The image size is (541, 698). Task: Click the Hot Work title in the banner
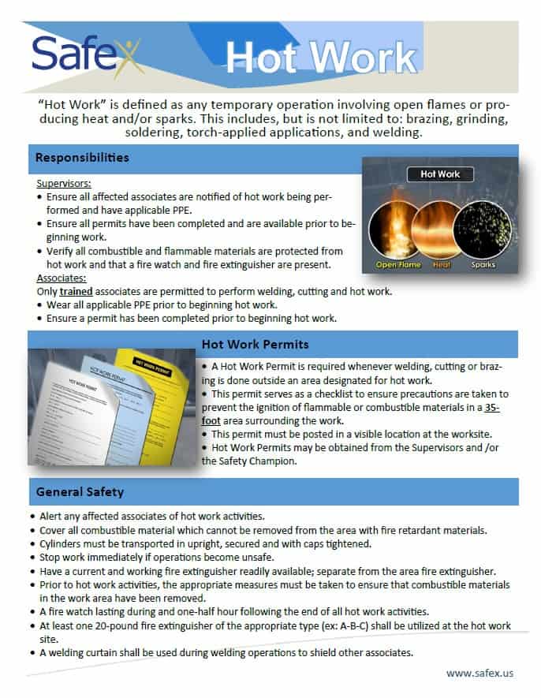click(x=321, y=58)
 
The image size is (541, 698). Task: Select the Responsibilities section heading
click(x=82, y=158)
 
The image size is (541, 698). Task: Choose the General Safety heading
click(x=80, y=492)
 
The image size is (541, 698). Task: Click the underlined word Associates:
click(x=61, y=278)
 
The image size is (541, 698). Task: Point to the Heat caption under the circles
click(x=441, y=264)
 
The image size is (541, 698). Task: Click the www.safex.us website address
click(x=479, y=673)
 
